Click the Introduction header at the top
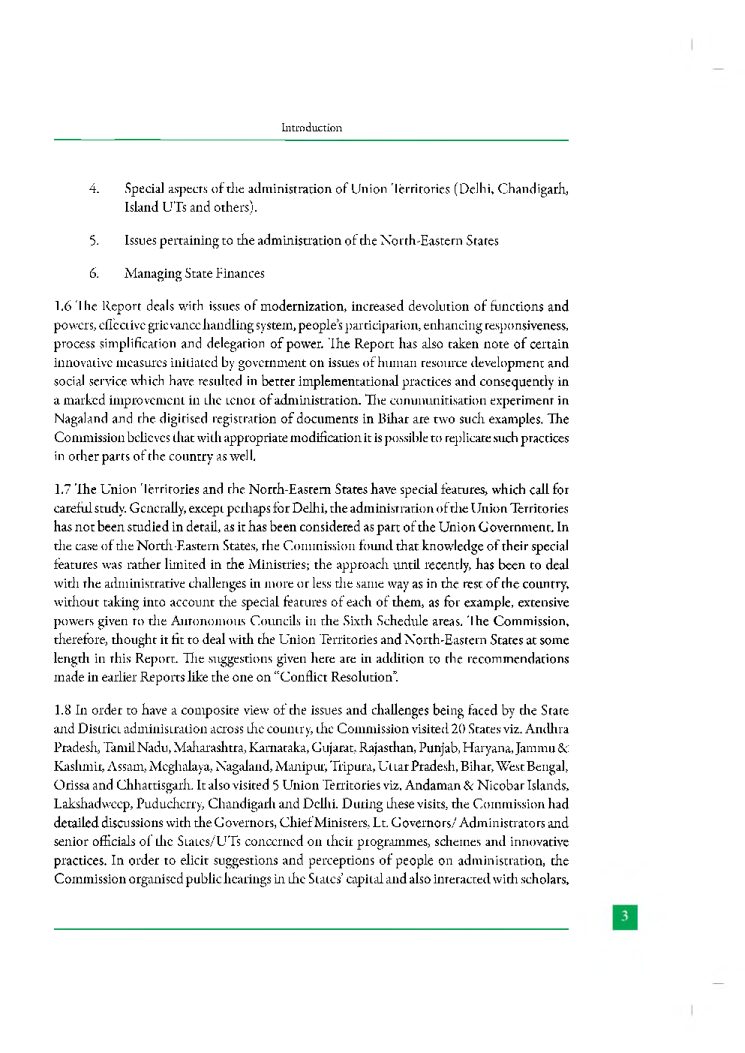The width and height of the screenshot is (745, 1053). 311,128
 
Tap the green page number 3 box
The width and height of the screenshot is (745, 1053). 624,916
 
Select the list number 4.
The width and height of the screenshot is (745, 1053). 94,188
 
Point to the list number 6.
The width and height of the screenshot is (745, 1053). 94,273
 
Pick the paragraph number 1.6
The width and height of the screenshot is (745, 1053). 62,306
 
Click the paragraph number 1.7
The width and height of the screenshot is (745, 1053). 62,489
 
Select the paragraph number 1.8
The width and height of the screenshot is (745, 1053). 62,710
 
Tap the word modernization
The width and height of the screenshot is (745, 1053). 302,306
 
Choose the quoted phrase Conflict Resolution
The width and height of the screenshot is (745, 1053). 338,677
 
